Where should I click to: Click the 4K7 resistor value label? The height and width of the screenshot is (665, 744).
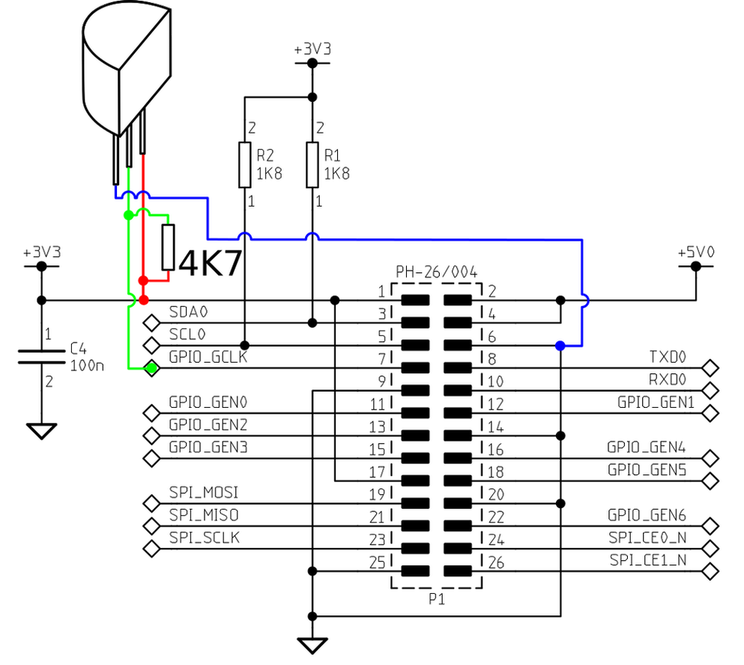211,263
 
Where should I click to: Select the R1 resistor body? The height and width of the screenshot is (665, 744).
313,165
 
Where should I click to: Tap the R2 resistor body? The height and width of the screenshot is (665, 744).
244,165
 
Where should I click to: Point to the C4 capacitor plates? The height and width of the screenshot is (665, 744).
41,355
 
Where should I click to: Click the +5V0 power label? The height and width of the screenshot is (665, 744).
696,253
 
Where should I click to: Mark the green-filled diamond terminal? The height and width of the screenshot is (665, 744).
152,368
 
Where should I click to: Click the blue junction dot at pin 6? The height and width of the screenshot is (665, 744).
560,346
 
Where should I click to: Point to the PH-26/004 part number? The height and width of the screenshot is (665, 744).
436,271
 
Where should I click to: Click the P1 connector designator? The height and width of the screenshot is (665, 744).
437,599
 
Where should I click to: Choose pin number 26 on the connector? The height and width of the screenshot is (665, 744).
496,562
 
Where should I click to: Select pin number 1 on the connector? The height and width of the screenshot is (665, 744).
381,291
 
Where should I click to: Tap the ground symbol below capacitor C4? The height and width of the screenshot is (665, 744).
41,430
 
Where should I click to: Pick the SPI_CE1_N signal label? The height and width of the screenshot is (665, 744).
648,560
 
